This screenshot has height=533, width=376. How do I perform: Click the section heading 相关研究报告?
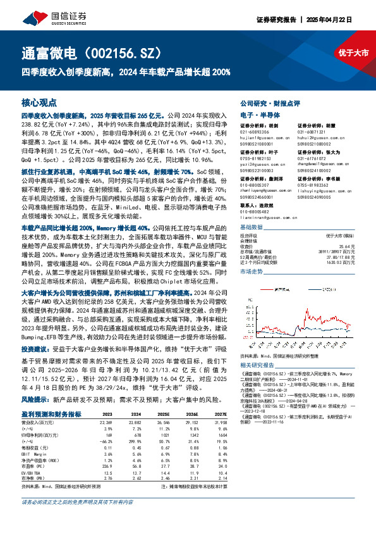coord(260,366)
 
